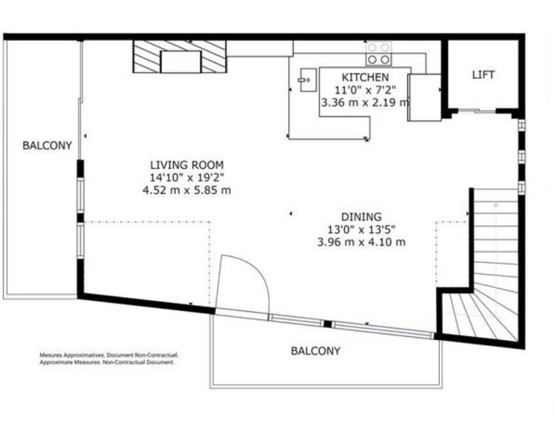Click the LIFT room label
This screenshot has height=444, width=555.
483,75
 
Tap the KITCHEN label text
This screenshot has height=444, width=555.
365,77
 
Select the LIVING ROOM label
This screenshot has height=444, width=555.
187,165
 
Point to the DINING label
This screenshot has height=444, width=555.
361,216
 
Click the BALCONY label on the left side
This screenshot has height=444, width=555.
47,145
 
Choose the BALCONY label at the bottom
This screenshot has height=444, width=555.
315,351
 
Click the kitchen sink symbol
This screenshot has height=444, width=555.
308,80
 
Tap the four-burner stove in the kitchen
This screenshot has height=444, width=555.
379,53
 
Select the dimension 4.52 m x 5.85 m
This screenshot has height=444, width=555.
186,190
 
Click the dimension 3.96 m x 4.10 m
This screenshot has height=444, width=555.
361,243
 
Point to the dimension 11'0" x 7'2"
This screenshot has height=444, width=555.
365,90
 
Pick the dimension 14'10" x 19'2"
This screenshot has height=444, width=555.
187,178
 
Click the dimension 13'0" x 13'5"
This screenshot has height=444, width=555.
361,230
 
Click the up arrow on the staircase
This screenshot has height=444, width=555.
496,204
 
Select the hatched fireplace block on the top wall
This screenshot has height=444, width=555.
179,57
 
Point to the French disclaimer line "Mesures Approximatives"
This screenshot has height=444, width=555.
109,355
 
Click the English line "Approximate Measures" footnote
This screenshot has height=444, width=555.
107,362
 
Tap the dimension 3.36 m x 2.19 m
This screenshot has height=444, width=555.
365,103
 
